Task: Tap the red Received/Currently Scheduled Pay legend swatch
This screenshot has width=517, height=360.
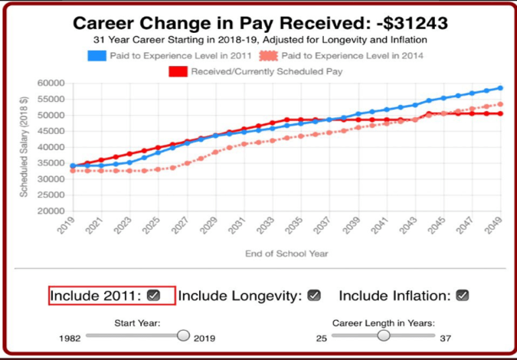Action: click(178, 71)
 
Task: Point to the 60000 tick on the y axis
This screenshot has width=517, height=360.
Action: click(48, 83)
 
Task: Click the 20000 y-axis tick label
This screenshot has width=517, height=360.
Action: click(48, 211)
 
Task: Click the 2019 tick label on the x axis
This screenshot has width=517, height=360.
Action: click(68, 225)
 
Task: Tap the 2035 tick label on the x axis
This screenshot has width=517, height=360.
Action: click(296, 225)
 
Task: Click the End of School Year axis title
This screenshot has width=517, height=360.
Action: click(286, 254)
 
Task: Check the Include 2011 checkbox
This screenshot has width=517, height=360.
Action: click(154, 295)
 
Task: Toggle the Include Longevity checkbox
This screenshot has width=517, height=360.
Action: click(314, 295)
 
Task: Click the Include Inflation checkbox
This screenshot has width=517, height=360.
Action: click(462, 295)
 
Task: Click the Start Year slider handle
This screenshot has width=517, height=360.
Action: click(183, 335)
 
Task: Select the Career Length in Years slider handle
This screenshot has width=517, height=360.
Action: click(384, 335)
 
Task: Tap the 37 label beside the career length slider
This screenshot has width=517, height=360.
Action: click(444, 338)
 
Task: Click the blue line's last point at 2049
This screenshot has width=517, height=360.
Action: click(500, 88)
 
